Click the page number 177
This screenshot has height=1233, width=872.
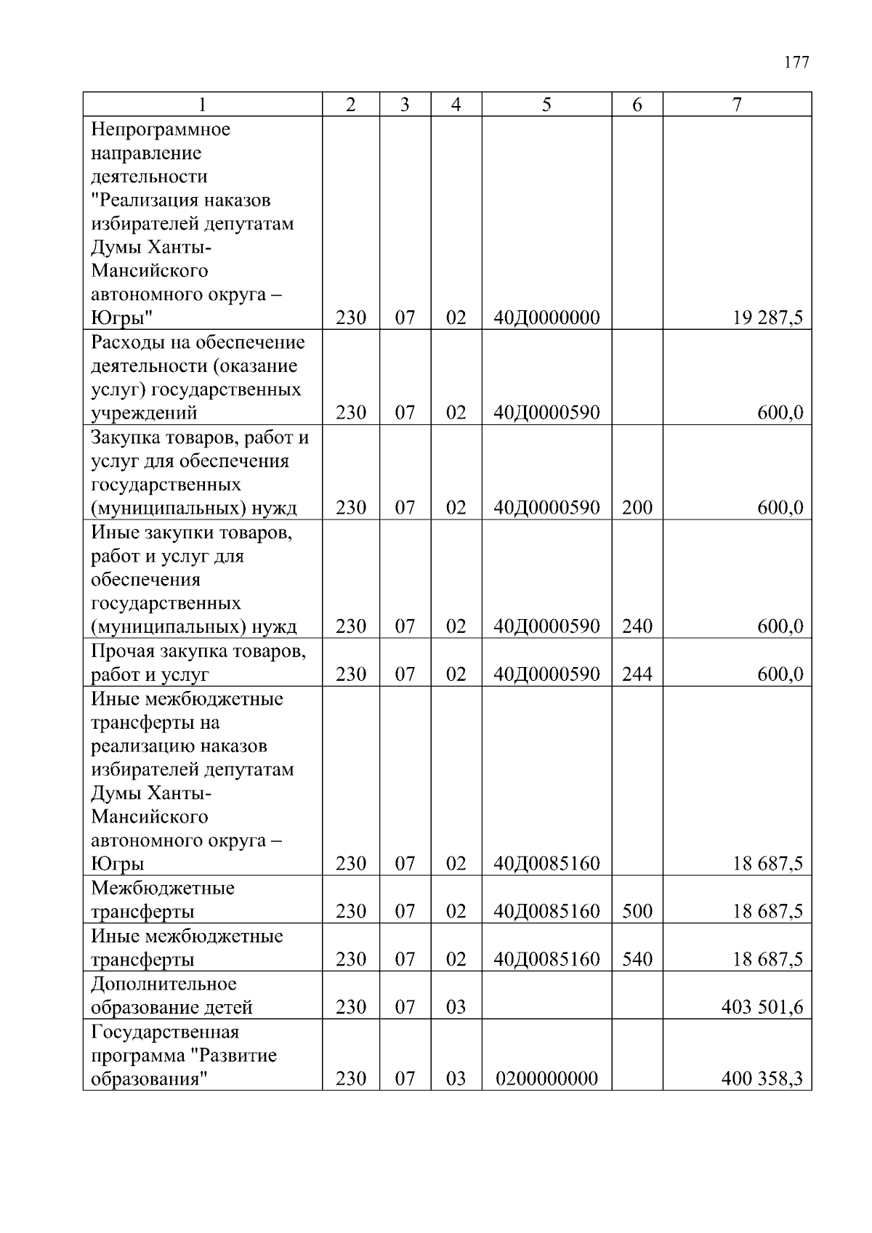pos(796,62)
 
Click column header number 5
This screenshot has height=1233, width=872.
pos(546,105)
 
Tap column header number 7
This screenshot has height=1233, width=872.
pos(736,105)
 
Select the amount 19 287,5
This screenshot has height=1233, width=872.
pos(767,318)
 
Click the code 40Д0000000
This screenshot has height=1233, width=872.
pos(546,318)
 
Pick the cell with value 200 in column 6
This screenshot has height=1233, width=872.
pos(637,507)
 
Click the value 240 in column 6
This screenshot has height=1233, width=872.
pos(637,626)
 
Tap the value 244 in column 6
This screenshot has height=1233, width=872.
pos(637,674)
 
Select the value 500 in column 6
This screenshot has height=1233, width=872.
pos(637,911)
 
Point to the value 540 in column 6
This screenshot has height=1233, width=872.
pos(637,959)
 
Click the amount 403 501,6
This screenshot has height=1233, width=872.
pos(762,1007)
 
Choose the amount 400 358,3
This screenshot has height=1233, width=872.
pos(762,1078)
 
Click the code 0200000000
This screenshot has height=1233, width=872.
pos(546,1078)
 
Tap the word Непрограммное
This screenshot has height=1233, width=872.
pos(161,129)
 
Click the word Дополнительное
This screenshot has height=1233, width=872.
pos(163,984)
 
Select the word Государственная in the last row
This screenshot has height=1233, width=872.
pos(165,1032)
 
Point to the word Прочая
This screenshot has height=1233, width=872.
pos(119,651)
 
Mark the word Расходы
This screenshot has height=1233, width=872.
pos(121,342)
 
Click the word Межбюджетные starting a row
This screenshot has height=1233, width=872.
pos(163,888)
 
